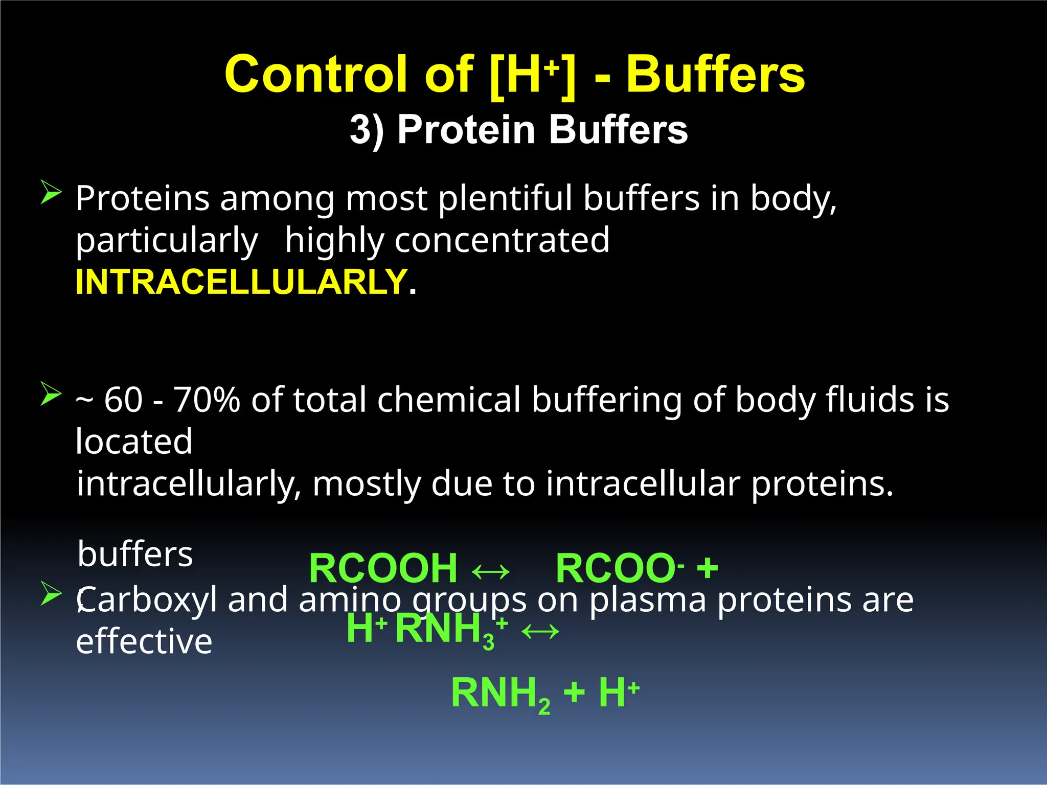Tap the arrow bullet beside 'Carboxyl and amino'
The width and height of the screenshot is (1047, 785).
pos(51,593)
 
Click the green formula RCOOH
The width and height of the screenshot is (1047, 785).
pos(383,568)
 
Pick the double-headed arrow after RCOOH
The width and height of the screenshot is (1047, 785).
pos(490,571)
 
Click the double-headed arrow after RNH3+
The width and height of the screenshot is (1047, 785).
pos(540,632)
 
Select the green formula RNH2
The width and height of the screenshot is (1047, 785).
pos(500,694)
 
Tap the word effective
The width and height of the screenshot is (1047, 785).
pos(144,641)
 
